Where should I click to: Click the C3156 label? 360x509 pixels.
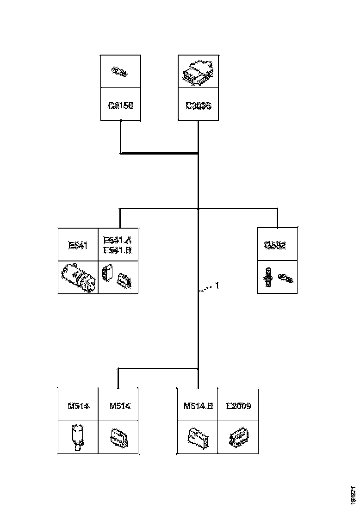tap(120, 106)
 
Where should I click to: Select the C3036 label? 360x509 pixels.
tap(198, 106)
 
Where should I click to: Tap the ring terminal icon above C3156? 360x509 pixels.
tap(120, 71)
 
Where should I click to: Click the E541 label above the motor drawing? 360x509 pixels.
tap(78, 245)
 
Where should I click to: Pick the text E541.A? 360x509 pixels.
tap(118, 240)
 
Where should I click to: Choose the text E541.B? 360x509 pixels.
tap(118, 250)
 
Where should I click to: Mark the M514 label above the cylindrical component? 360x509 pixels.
tap(78, 406)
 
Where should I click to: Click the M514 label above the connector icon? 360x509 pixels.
tap(120, 406)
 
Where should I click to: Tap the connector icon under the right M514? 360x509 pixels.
tap(119, 437)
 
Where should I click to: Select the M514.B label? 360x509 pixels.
tap(198, 406)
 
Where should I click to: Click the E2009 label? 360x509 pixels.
tap(238, 406)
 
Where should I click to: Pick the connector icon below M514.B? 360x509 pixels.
tap(198, 437)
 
